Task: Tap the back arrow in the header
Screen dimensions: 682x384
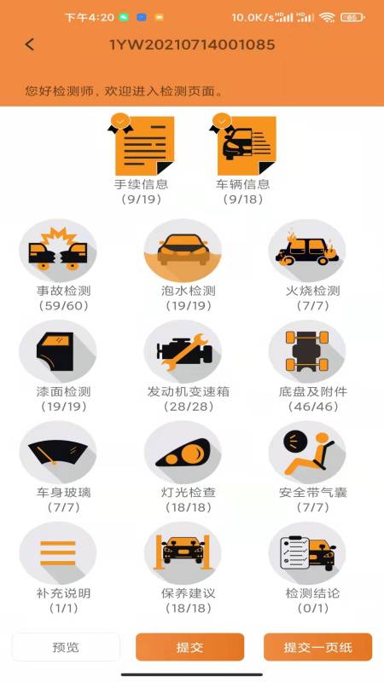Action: (x=30, y=44)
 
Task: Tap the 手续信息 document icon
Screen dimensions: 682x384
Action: (x=143, y=145)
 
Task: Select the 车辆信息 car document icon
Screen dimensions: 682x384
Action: (x=242, y=145)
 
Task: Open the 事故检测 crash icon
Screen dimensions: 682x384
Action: (x=58, y=250)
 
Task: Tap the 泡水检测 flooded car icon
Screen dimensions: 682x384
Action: (x=183, y=250)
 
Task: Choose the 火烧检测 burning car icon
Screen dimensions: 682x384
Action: (x=307, y=250)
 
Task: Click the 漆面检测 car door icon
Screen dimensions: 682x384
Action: (x=58, y=351)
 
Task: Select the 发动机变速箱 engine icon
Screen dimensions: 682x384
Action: (x=183, y=351)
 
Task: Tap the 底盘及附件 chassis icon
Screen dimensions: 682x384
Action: (x=307, y=351)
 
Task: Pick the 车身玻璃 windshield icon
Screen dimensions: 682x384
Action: (x=58, y=452)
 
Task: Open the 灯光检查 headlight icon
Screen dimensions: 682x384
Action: (x=183, y=452)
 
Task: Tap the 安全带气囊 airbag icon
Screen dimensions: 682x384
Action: (x=307, y=452)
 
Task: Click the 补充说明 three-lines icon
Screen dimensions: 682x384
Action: (x=58, y=552)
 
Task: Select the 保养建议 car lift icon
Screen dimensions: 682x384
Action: (x=183, y=552)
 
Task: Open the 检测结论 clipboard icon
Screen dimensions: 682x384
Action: (x=307, y=552)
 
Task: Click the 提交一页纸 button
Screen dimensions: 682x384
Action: (x=317, y=647)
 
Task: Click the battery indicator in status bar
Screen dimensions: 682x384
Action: (x=351, y=17)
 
